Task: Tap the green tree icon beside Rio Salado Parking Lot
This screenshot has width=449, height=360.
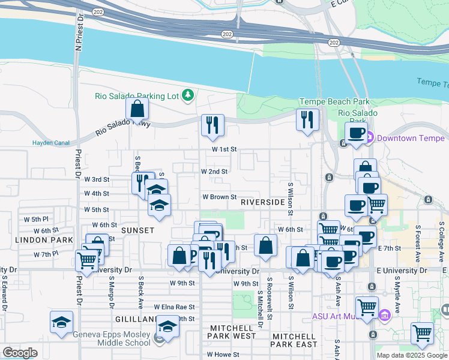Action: coord(188,95)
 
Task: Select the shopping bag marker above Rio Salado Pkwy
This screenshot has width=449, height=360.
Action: coord(137,109)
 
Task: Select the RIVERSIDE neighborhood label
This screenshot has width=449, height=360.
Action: coord(262,202)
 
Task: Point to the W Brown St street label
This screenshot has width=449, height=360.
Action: coord(219,197)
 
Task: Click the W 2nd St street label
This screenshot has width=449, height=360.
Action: coord(214,171)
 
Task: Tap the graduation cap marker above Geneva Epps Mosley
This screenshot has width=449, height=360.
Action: coord(62,323)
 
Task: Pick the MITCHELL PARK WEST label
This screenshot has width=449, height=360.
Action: coord(233,336)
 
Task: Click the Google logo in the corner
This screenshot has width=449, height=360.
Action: coord(20,353)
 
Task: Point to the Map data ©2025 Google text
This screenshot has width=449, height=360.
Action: coord(411,355)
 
